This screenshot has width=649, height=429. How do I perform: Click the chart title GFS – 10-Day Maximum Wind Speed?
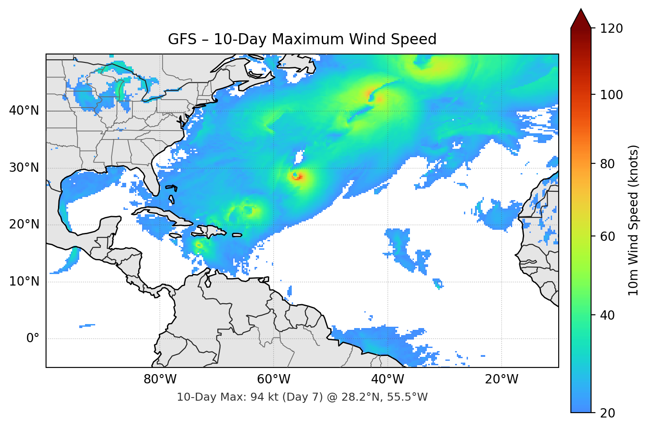click(302, 39)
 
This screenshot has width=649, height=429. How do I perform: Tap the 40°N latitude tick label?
click(24, 111)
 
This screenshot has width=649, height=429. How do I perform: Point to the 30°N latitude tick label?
click(24, 168)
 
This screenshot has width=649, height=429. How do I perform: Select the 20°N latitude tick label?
click(24, 224)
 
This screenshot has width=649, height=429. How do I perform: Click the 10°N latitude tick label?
click(24, 282)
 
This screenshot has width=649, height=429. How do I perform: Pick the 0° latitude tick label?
click(33, 339)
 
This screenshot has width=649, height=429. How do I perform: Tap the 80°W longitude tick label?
click(160, 379)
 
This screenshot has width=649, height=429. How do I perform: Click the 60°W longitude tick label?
click(274, 379)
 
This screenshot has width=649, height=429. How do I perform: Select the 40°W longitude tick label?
click(387, 379)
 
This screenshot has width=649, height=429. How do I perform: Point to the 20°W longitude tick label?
click(501, 379)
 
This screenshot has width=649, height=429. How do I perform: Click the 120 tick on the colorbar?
click(611, 29)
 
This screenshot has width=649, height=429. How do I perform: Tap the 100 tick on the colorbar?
click(611, 95)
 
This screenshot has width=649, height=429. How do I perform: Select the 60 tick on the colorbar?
click(607, 236)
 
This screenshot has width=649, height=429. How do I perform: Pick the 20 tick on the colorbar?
click(607, 413)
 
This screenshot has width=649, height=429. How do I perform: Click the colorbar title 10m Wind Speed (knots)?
click(634, 220)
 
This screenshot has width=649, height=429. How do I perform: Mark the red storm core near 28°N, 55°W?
click(297, 177)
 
